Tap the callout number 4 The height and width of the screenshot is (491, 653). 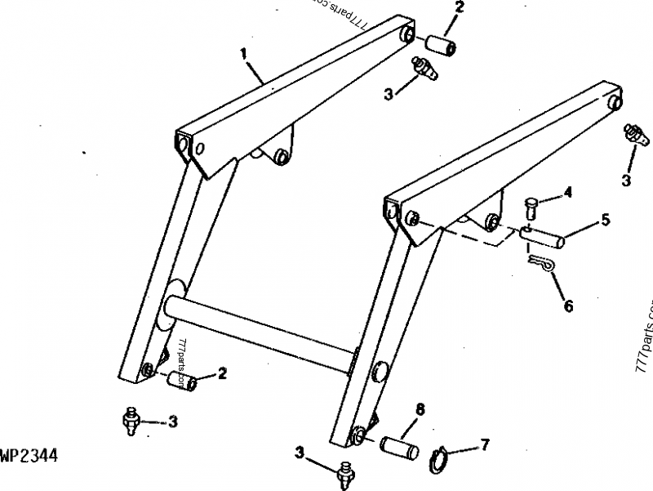click(x=567, y=194)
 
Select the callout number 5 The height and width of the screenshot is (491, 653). click(x=605, y=219)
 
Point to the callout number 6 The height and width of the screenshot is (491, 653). click(x=568, y=306)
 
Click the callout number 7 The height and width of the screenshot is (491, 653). click(x=485, y=445)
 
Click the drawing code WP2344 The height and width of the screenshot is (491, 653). click(x=29, y=455)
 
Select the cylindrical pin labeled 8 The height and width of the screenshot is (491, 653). click(x=399, y=449)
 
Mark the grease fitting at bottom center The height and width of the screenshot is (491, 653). click(x=345, y=471)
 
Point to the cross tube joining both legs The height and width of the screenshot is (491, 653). click(x=261, y=331)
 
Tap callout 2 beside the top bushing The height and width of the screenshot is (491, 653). click(x=459, y=8)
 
